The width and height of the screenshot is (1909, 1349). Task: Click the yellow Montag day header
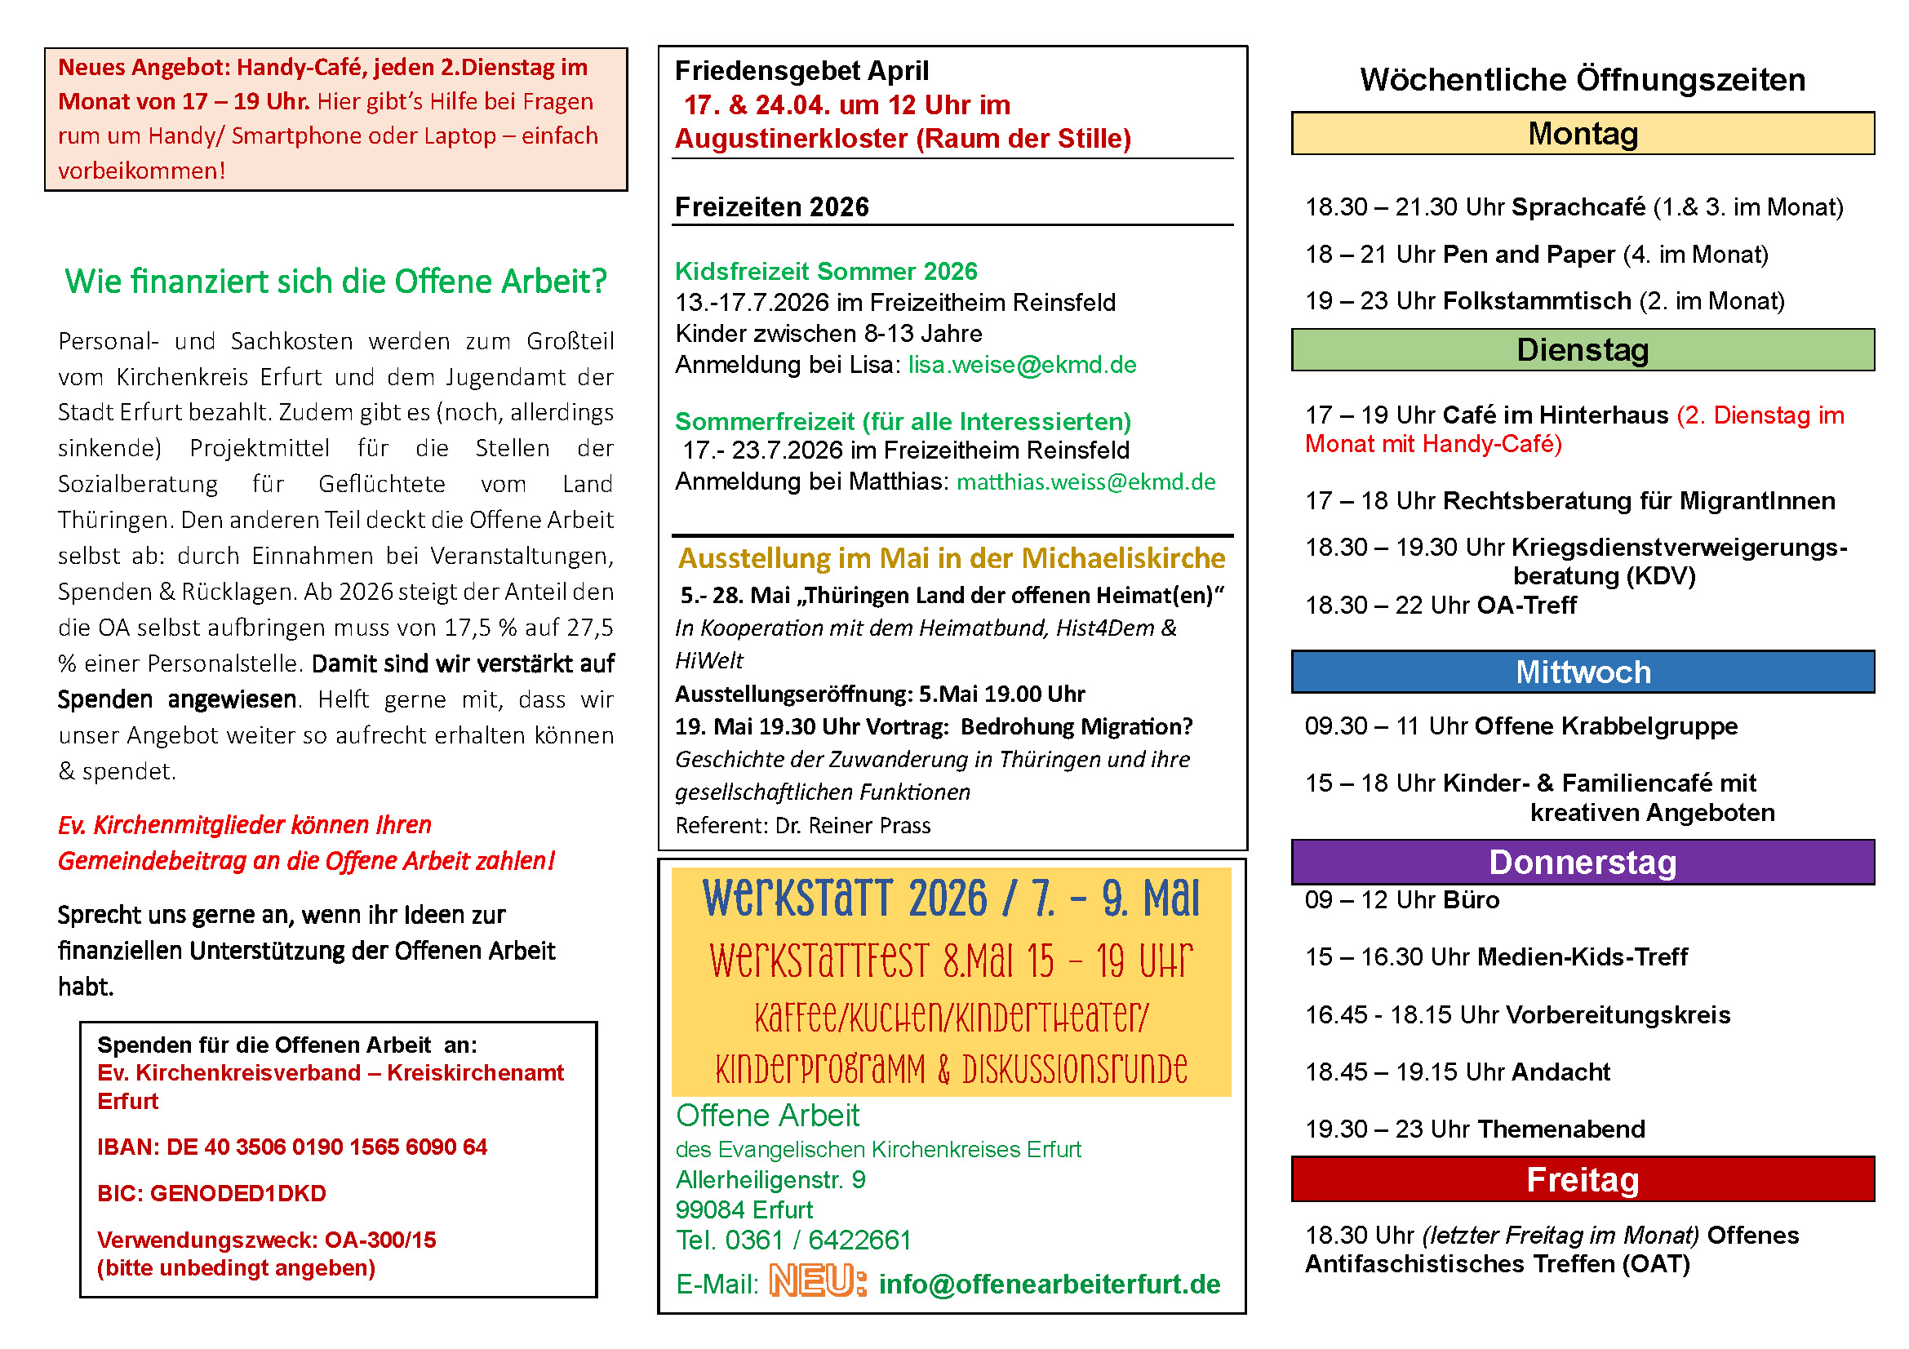click(x=1583, y=134)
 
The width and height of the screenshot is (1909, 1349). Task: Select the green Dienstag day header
click(x=1583, y=350)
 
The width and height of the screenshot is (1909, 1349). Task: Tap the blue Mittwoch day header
click(x=1583, y=672)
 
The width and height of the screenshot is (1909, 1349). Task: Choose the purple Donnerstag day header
click(x=1583, y=862)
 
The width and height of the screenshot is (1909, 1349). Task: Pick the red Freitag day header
click(x=1583, y=1179)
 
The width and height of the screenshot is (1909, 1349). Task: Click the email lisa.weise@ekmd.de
click(x=1022, y=365)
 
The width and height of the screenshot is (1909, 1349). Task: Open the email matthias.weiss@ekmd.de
click(x=1085, y=482)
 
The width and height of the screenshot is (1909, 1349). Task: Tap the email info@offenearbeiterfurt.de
click(x=1050, y=1285)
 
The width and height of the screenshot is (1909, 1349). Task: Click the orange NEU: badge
click(x=817, y=1280)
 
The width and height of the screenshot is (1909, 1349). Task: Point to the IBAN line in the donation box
click(x=292, y=1147)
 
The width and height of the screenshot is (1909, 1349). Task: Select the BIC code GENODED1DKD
click(x=238, y=1194)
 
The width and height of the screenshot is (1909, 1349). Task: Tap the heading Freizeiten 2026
click(x=771, y=207)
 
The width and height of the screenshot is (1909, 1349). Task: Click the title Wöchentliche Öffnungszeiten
click(x=1583, y=80)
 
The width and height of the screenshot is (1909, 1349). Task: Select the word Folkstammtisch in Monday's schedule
click(x=1537, y=301)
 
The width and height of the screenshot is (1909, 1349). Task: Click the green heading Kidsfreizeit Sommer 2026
click(x=826, y=271)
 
